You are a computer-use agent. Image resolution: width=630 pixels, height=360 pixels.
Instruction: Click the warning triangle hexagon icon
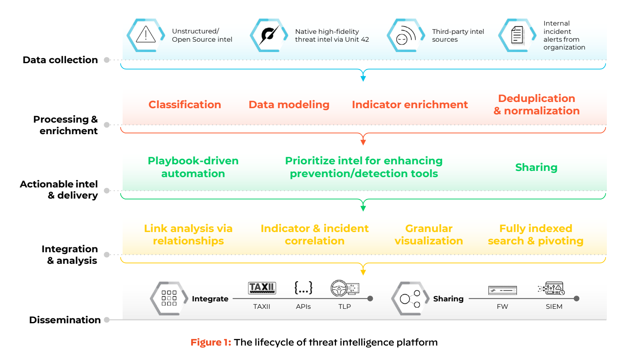coord(145,35)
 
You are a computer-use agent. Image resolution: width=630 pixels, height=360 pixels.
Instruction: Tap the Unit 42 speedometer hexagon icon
coord(269,35)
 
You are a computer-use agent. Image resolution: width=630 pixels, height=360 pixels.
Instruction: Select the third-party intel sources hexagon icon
coord(405,35)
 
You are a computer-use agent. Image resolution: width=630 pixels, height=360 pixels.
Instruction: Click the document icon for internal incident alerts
coord(517,35)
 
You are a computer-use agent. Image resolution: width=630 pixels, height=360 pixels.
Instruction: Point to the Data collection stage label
coord(60,60)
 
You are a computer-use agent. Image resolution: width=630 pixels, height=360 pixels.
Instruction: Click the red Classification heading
coord(185,104)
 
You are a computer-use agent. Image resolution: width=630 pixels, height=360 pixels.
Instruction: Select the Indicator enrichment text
coord(410,104)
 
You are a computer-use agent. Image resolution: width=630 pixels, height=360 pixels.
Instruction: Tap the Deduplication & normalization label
coord(536,104)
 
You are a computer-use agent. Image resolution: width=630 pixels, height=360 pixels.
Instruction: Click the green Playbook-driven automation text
coord(193,167)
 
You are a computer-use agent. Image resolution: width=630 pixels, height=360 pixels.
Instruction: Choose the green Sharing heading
coord(536,167)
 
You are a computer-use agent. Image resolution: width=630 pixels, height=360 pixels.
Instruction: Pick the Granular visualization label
coord(429,234)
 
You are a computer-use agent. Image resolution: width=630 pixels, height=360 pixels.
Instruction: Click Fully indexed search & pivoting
coord(535,234)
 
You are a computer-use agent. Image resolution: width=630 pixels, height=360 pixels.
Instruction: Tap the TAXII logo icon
coord(262,288)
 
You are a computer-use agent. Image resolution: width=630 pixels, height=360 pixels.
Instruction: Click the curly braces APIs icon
coord(303,288)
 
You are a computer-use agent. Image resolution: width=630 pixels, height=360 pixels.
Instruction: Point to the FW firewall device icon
coord(502,290)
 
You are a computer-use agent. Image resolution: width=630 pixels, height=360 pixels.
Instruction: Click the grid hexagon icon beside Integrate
coord(169,298)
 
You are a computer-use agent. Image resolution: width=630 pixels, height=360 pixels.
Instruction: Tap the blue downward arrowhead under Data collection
coord(363,78)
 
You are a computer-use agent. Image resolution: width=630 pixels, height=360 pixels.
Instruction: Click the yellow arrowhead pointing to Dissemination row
coord(363,272)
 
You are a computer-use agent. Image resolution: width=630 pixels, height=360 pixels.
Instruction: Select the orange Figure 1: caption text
coord(211,342)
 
